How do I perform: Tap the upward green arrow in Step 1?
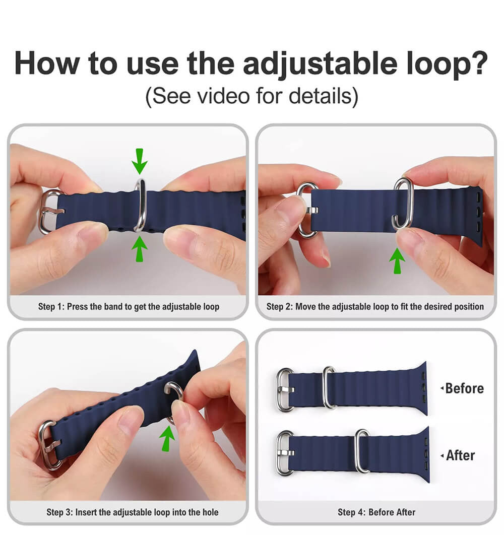point(140,248)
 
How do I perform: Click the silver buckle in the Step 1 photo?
point(47,212)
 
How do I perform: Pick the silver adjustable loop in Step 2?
point(403,203)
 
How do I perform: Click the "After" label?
point(460,455)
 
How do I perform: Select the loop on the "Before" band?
point(329,387)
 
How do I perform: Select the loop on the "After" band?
point(362,451)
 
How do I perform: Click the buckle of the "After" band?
point(285,453)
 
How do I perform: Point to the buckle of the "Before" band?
point(285,389)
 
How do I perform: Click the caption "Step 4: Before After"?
point(376,512)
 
